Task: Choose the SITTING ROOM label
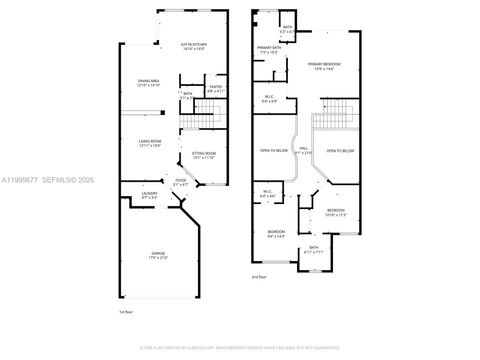(x=203, y=156)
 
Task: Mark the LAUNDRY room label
(x=137, y=195)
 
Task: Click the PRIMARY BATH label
(x=268, y=50)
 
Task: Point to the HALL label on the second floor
(x=303, y=150)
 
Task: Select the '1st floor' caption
(x=125, y=313)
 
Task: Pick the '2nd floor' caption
(x=259, y=275)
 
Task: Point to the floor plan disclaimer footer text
(x=239, y=347)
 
